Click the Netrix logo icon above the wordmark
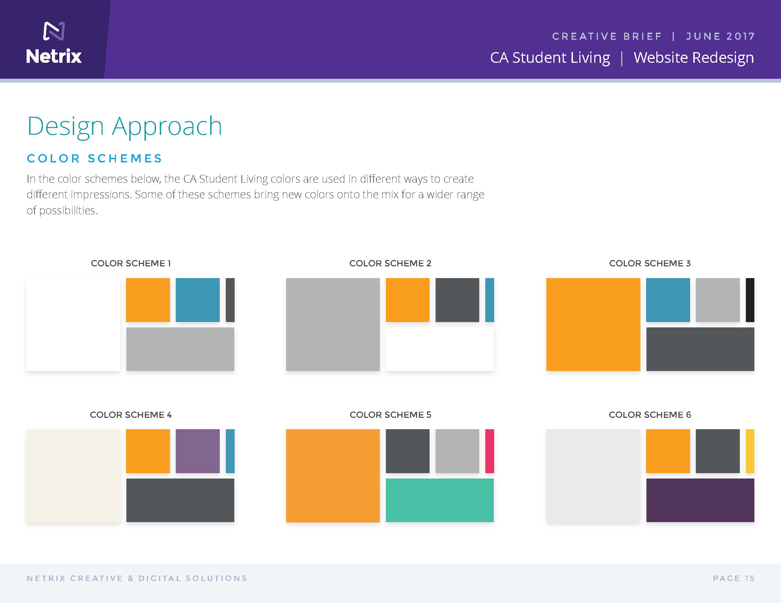[x=54, y=31]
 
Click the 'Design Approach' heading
[x=125, y=127]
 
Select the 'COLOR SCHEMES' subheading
[x=95, y=158]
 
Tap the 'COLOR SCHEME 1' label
[x=131, y=263]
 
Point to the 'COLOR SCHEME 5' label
[x=390, y=415]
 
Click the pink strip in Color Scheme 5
[x=490, y=451]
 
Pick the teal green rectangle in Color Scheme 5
[x=440, y=500]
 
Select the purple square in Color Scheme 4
[x=198, y=451]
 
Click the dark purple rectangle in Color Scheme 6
[x=700, y=500]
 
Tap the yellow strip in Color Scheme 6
[x=750, y=451]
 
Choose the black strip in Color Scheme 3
[x=750, y=300]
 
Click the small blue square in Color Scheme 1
[x=198, y=300]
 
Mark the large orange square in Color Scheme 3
[x=593, y=324]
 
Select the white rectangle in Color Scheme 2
[x=440, y=349]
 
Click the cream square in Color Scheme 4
[x=73, y=476]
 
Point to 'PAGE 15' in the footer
[x=733, y=579]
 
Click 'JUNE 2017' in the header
[x=720, y=37]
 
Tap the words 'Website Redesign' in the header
[x=694, y=58]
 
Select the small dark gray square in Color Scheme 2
[x=457, y=300]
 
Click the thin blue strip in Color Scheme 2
[x=490, y=300]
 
